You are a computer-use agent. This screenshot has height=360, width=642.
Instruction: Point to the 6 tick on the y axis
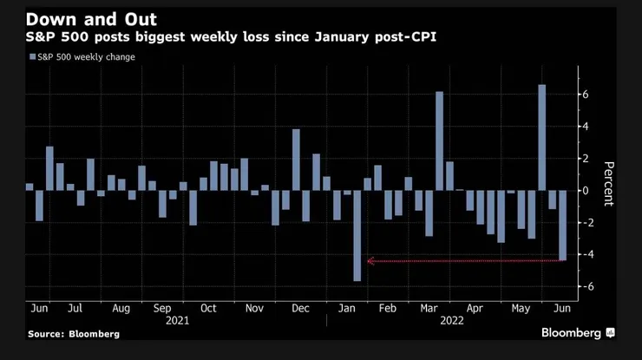pos(586,94)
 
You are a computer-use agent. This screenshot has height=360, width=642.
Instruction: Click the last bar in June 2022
pos(562,225)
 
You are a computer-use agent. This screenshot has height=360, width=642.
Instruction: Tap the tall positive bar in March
pos(439,141)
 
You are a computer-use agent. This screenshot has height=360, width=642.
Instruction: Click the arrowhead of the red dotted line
pos(370,260)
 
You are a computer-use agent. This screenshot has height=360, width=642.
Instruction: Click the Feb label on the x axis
pos(390,307)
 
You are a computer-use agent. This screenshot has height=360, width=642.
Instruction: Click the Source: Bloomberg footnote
pos(74,333)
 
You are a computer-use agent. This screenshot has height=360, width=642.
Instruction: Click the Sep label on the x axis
pos(163,307)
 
